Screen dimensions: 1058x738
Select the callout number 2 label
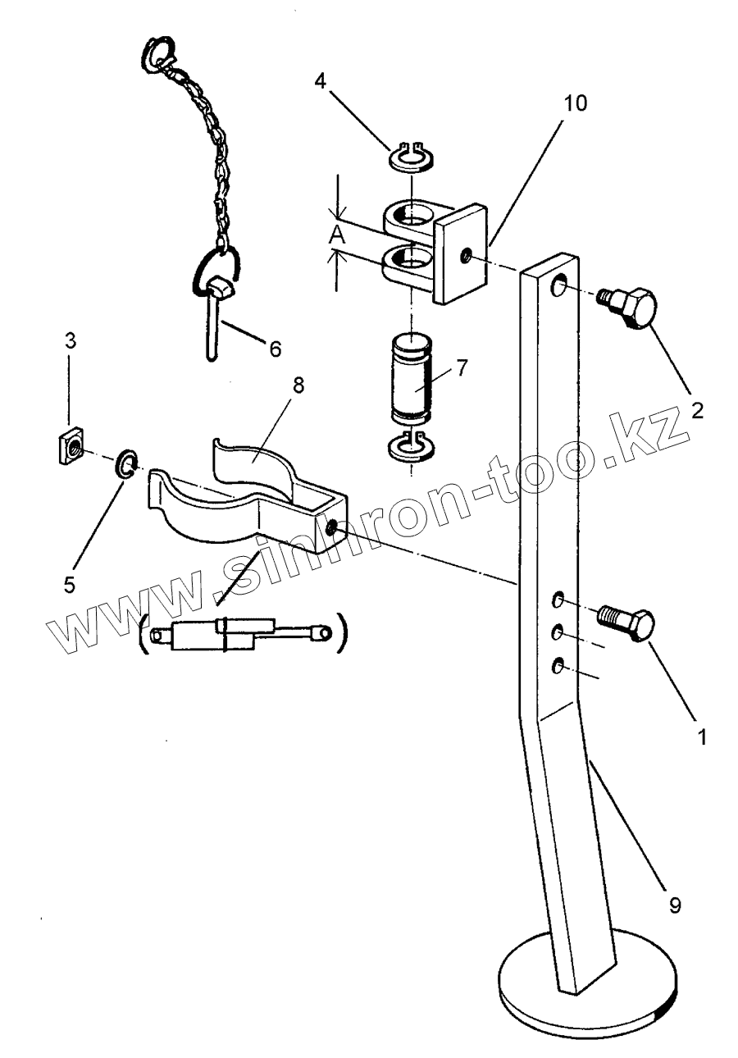click(x=697, y=409)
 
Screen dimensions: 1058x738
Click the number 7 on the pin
click(x=462, y=367)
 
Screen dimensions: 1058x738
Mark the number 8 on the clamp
click(x=298, y=385)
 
